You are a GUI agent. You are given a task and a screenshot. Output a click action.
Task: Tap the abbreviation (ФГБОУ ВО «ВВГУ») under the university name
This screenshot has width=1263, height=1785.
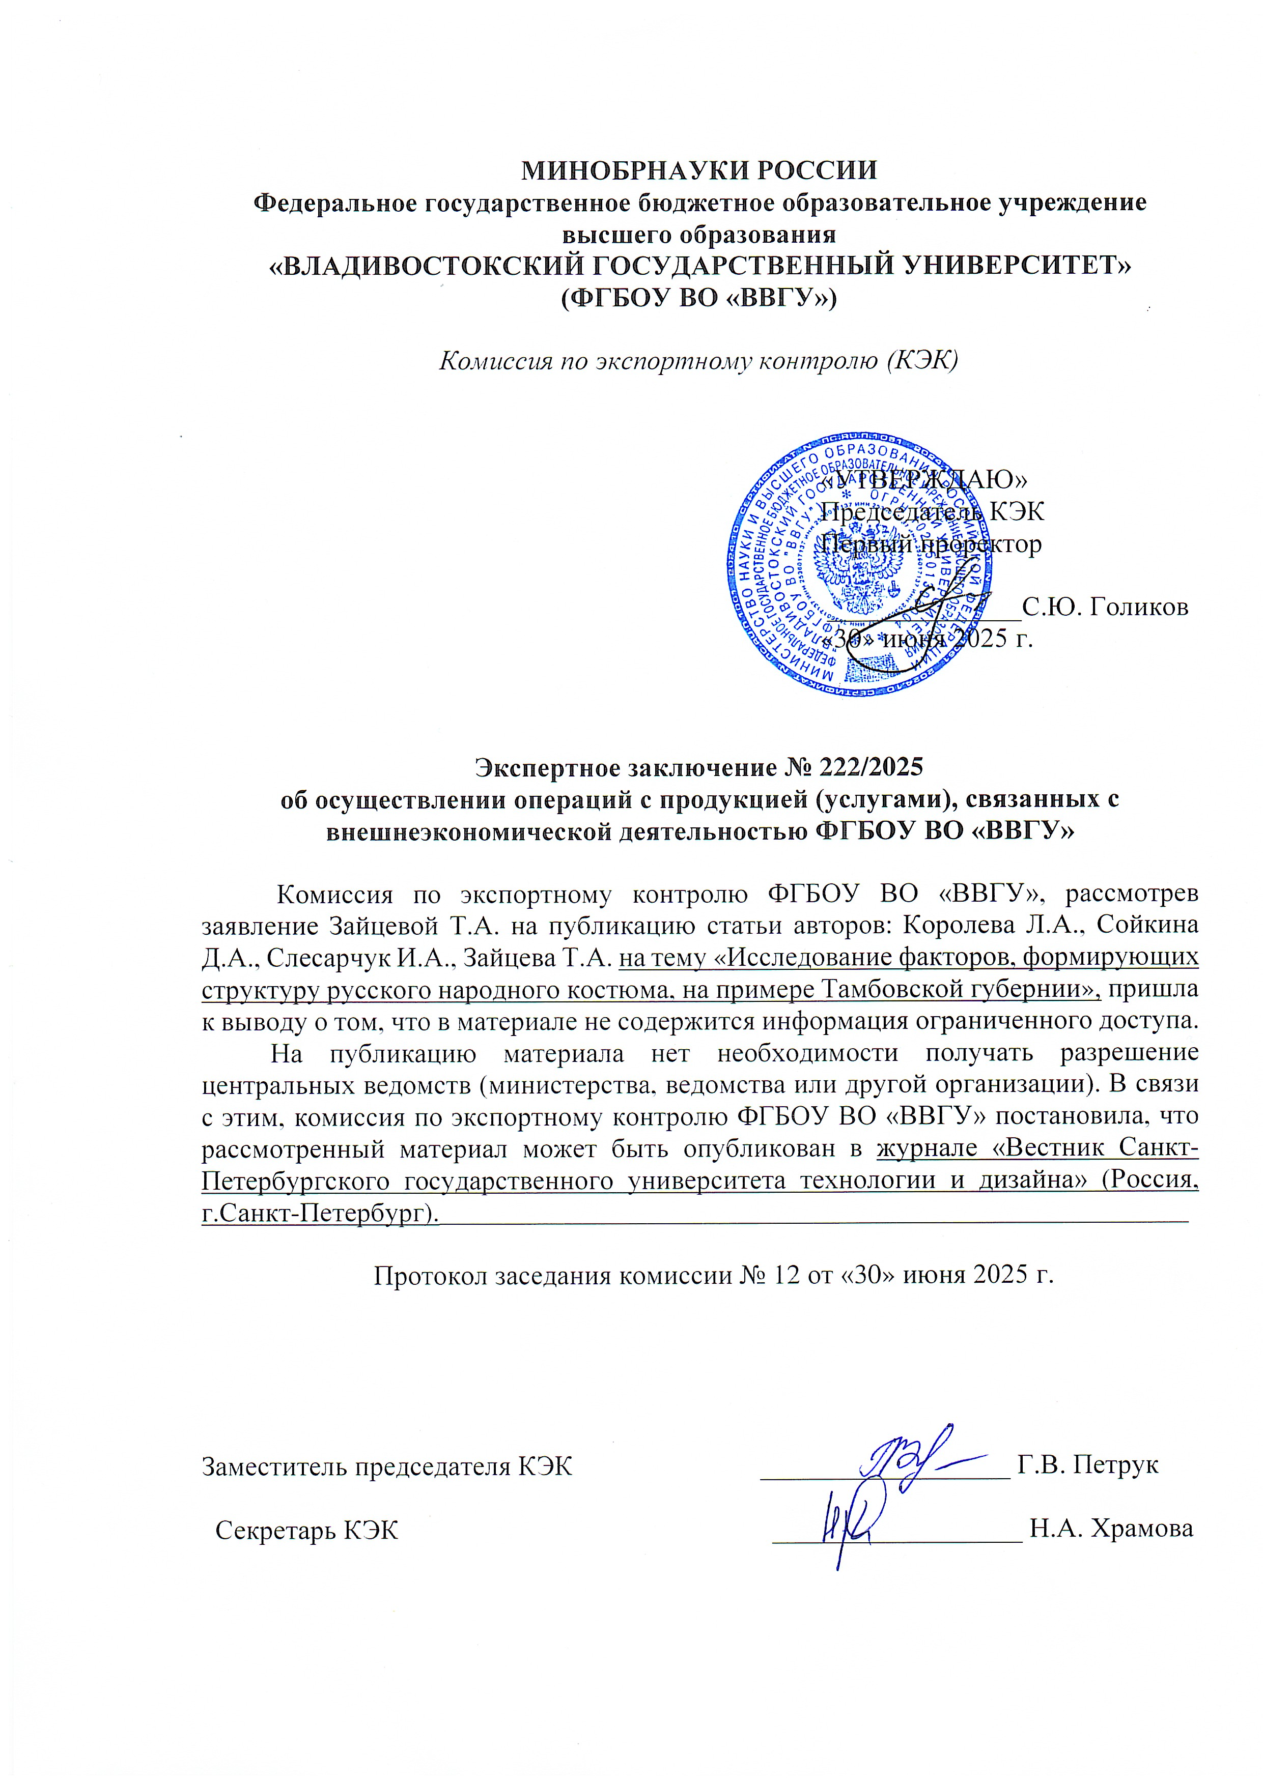(x=698, y=298)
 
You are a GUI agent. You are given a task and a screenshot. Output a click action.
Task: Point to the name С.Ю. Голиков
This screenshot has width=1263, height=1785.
(x=1104, y=607)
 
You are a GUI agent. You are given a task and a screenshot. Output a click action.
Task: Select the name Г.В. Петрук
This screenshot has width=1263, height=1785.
(x=1087, y=1465)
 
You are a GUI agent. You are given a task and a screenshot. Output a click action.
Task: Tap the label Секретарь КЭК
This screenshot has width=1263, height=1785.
(x=306, y=1531)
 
